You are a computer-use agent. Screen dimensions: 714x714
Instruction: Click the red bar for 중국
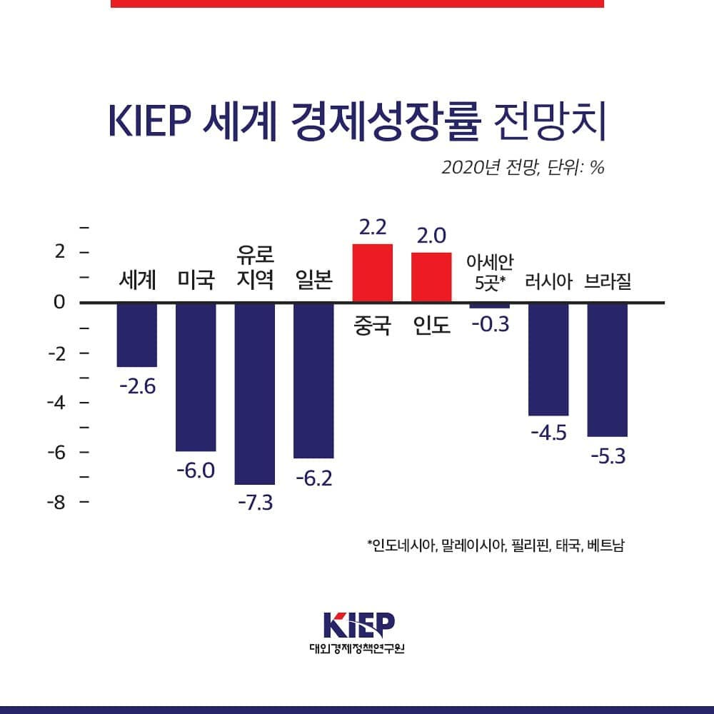pyautogui.click(x=373, y=273)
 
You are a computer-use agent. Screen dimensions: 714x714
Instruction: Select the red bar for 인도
pyautogui.click(x=431, y=277)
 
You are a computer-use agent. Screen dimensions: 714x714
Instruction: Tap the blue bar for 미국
pyautogui.click(x=196, y=376)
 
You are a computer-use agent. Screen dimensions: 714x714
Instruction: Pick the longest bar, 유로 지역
pyautogui.click(x=255, y=393)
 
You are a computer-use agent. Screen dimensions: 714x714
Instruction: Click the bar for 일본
pyautogui.click(x=313, y=380)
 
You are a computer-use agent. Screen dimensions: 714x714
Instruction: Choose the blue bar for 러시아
pyautogui.click(x=548, y=358)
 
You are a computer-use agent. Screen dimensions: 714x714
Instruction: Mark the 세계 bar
pyautogui.click(x=137, y=334)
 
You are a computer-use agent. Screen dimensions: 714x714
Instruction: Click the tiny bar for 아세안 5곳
pyautogui.click(x=490, y=306)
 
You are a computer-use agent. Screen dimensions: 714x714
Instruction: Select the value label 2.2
pyautogui.click(x=373, y=228)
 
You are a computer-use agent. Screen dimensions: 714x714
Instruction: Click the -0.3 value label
pyautogui.click(x=490, y=324)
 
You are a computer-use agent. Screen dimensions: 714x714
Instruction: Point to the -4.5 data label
pyautogui.click(x=548, y=433)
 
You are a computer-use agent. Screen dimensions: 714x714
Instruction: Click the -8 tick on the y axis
pyautogui.click(x=56, y=502)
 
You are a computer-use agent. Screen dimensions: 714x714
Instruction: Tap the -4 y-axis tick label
pyautogui.click(x=56, y=402)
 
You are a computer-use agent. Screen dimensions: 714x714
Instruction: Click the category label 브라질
pyautogui.click(x=607, y=281)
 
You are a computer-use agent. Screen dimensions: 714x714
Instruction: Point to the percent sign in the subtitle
pyautogui.click(x=597, y=168)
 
